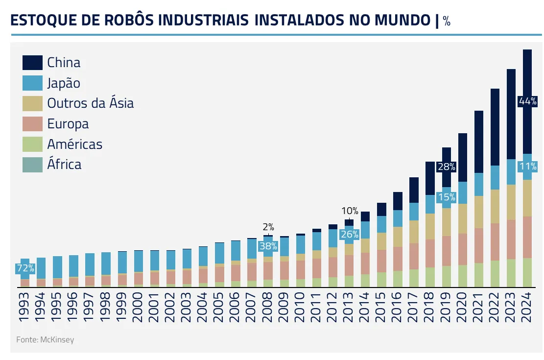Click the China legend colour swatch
pos(32,63)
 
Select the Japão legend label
pos(63,83)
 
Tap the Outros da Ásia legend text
pos(90,103)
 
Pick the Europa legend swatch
pos(32,124)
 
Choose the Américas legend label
pos(74,144)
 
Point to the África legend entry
pos(64,164)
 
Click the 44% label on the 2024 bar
pos(528,101)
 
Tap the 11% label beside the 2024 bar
pos(528,166)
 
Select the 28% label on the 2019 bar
pos(446,167)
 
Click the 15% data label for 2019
pos(446,197)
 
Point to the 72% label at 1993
pos(24,268)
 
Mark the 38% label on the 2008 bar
pos(268,246)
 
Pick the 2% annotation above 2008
pos(268,227)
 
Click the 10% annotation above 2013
pos(350,211)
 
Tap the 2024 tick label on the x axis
pos(527,307)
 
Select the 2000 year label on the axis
pos(138,307)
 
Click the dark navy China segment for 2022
pos(495,127)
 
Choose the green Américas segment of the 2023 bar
pos(511,273)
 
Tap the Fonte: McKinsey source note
pos(45,339)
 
